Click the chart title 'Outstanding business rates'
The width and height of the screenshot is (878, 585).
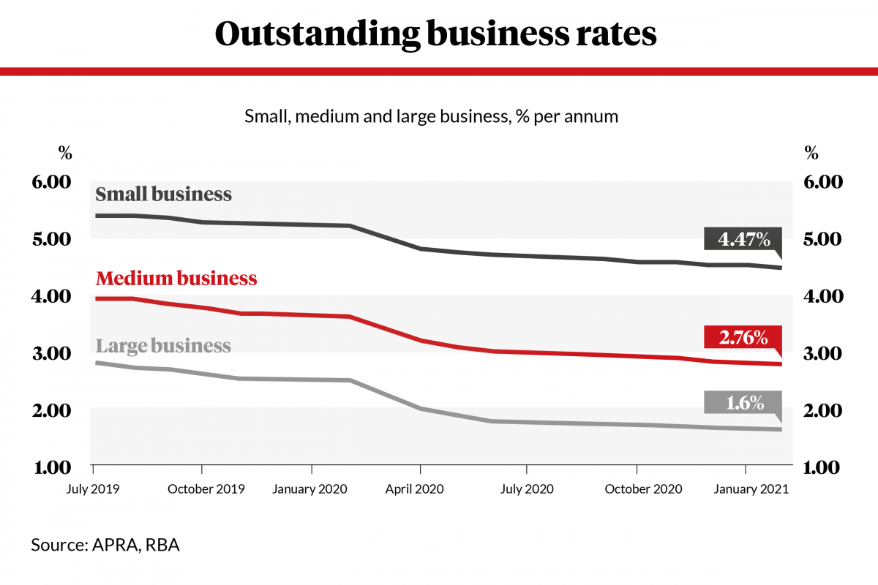click(436, 34)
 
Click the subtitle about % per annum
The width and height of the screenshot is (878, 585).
click(432, 116)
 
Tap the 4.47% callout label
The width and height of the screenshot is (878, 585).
click(743, 239)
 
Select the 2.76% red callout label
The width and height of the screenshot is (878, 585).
click(743, 338)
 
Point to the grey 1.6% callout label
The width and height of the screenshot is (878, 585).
click(743, 403)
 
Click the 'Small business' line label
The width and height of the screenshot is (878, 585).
click(164, 195)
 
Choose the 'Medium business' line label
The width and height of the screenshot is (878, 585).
click(176, 279)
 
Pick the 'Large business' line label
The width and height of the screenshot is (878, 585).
click(164, 345)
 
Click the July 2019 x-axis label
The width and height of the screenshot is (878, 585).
click(94, 489)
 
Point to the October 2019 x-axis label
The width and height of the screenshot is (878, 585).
click(206, 489)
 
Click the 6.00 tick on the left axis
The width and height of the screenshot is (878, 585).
click(51, 182)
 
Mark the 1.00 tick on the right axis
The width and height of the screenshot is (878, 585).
click(824, 467)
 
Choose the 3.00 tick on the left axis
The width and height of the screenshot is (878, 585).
click(51, 353)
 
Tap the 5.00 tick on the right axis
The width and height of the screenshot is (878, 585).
click(824, 239)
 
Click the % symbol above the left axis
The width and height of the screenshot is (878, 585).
click(65, 154)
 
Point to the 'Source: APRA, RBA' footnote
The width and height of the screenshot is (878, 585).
click(105, 545)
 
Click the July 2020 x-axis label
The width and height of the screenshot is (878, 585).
click(526, 489)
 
